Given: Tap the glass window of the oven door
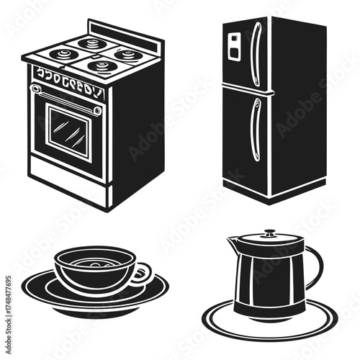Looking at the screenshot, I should pos(69,132).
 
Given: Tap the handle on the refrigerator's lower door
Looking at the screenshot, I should pos(253,130).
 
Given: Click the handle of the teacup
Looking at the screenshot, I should pos(144,273).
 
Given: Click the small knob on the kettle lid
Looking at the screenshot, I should pos(269,233).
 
